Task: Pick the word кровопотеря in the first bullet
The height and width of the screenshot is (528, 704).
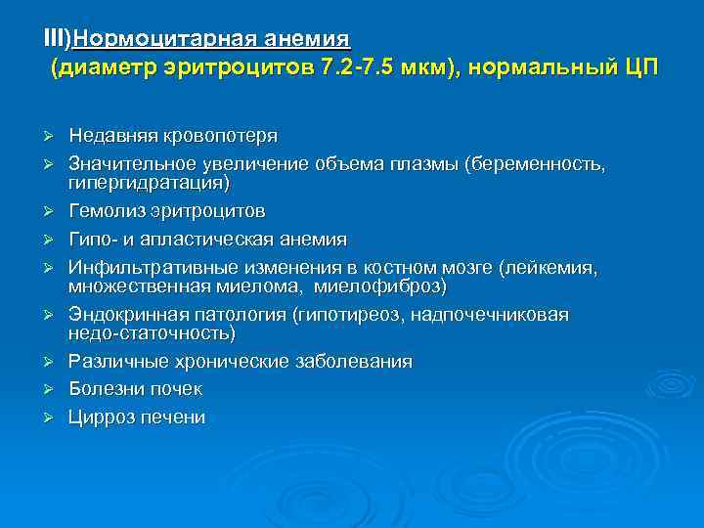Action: coord(220,136)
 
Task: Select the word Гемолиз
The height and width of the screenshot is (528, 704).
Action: coord(105,211)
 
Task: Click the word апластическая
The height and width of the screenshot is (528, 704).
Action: coord(216,240)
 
